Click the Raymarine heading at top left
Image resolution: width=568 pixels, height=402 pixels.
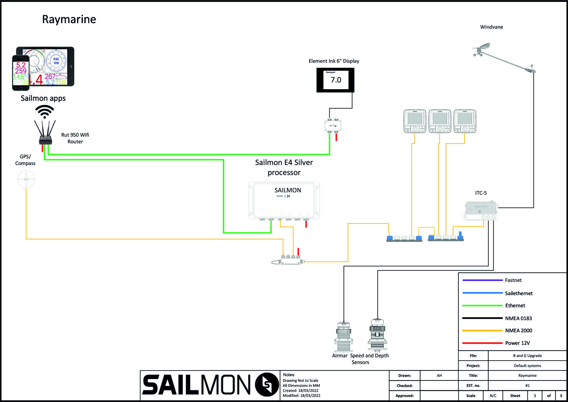point(69,19)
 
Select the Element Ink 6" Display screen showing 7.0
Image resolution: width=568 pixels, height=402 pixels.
point(335,80)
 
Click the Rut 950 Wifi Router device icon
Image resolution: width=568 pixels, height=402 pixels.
point(45,139)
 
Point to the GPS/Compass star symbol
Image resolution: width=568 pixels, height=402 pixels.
point(26,179)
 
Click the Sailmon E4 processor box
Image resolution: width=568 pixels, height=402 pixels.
point(284,200)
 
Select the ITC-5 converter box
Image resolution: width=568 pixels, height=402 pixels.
point(481,211)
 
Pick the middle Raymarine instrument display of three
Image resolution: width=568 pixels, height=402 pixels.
point(440,121)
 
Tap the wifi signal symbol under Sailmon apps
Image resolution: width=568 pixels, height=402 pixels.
point(44,111)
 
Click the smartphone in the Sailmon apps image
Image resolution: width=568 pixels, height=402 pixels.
point(21,73)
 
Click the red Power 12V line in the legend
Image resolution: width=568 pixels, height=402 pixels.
point(482,343)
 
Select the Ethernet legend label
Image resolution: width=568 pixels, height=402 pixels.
point(515,306)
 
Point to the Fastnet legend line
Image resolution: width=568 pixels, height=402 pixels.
point(482,280)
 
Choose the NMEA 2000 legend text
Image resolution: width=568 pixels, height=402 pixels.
point(518,331)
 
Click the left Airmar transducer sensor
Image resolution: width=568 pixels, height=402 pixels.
point(344,337)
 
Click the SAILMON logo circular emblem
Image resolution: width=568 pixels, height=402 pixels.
point(267,384)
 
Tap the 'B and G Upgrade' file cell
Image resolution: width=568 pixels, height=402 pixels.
point(527,356)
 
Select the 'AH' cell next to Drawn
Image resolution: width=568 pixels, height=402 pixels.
point(439,376)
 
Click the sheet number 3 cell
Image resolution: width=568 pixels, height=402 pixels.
point(535,396)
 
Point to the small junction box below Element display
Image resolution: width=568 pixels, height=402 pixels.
point(333,126)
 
